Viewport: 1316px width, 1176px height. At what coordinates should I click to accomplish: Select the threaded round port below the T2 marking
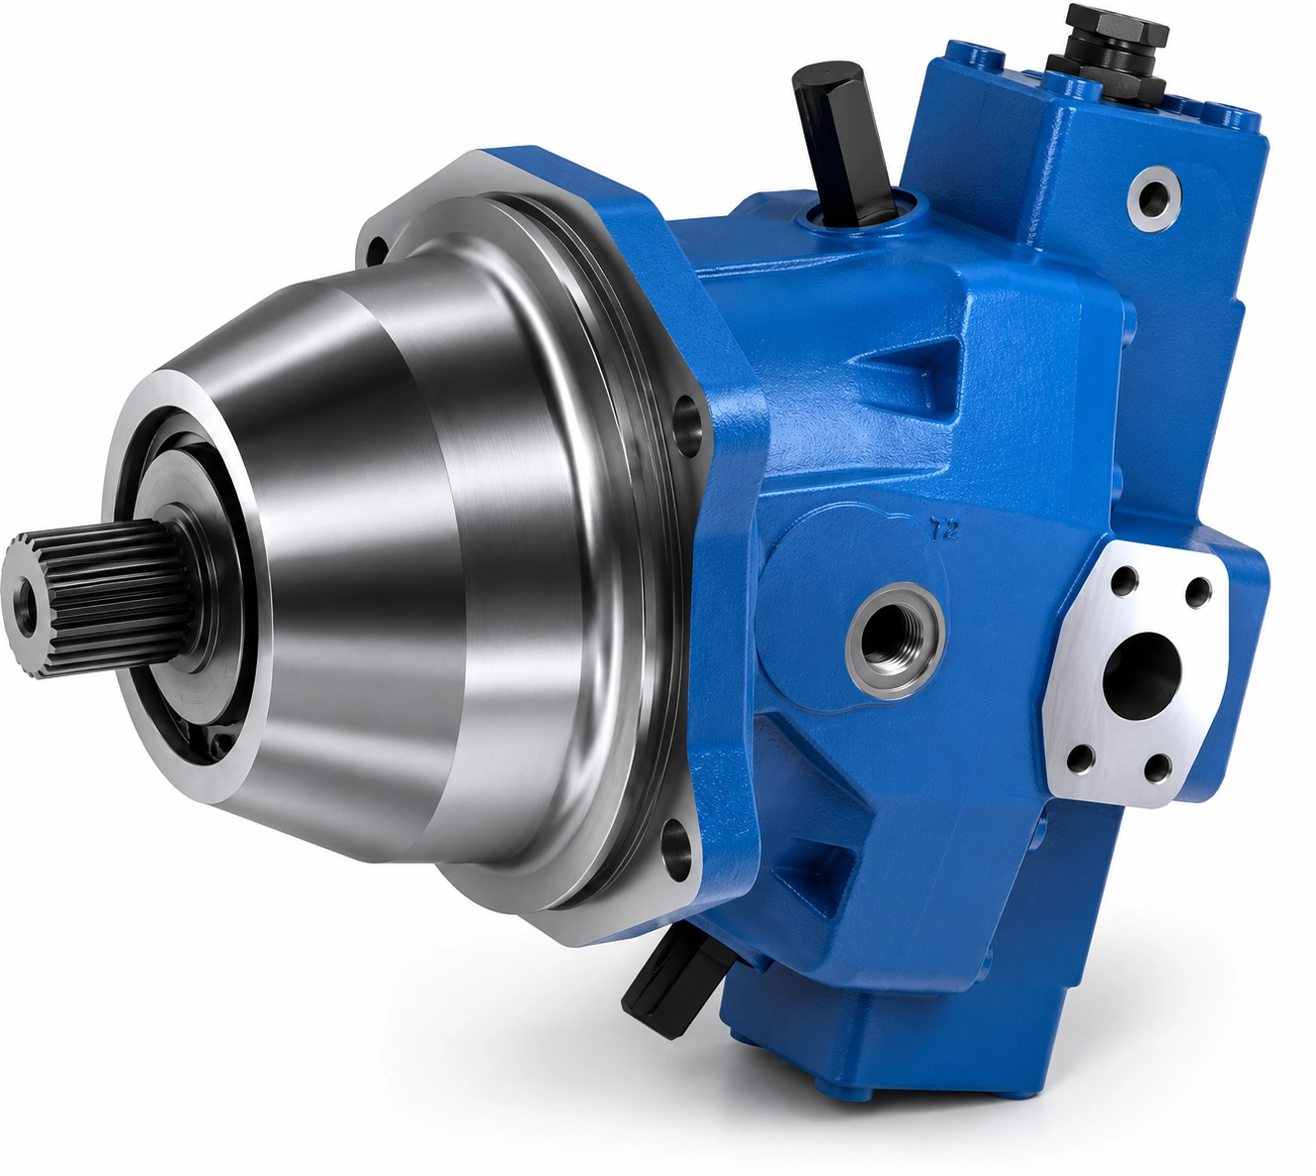pyautogui.click(x=896, y=641)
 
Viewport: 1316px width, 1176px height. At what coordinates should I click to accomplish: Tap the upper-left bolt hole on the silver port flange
pyautogui.click(x=1125, y=579)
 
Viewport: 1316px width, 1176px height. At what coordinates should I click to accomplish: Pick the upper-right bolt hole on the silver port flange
pyautogui.click(x=1198, y=592)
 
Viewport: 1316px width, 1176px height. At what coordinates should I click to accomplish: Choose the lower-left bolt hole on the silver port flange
pyautogui.click(x=1080, y=758)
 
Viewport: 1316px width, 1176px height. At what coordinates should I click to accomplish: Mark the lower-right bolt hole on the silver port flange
pyautogui.click(x=1157, y=768)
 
